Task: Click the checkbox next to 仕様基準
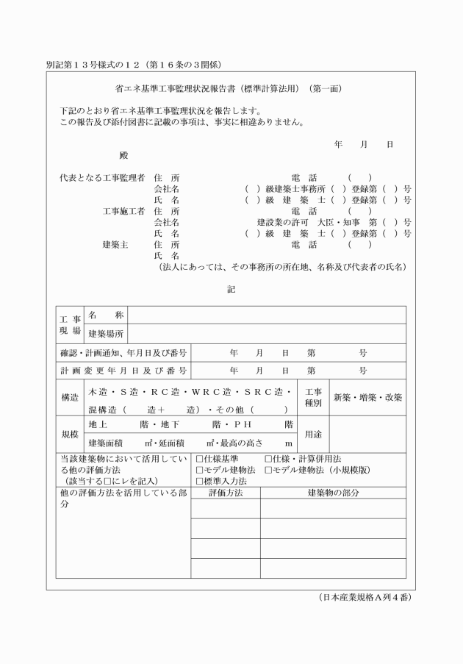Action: pyautogui.click(x=199, y=459)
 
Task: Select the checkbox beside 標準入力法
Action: pyautogui.click(x=199, y=480)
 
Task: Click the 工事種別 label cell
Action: pyautogui.click(x=313, y=398)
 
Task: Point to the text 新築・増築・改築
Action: pyautogui.click(x=367, y=398)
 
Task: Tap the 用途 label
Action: pyautogui.click(x=313, y=435)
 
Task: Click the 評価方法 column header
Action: pyautogui.click(x=226, y=492)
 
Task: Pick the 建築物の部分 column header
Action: pyautogui.click(x=333, y=492)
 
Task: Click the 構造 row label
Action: pyautogui.click(x=70, y=398)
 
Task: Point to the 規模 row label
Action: pyautogui.click(x=70, y=435)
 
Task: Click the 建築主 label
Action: pyautogui.click(x=115, y=244)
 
